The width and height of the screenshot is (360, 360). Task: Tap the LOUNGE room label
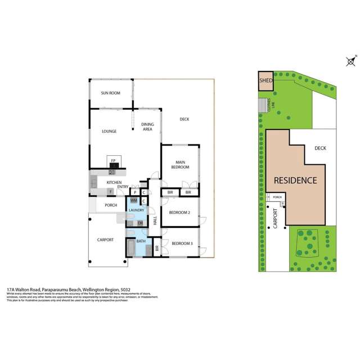click(109, 132)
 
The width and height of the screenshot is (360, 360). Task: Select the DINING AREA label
click(147, 127)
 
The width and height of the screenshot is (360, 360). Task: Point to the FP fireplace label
click(113, 161)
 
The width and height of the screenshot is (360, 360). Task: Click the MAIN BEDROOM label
click(181, 165)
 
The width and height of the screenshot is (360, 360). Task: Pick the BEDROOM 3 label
click(182, 243)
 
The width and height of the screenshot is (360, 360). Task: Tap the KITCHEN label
click(115, 183)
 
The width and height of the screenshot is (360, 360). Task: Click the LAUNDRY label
click(137, 210)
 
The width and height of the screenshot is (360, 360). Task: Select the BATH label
click(141, 241)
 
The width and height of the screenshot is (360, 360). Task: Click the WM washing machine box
click(134, 200)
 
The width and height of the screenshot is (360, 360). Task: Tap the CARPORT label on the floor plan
click(105, 240)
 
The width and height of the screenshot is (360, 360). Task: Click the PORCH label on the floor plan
click(111, 205)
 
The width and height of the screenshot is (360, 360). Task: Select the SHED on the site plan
click(265, 80)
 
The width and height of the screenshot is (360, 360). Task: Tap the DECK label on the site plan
click(320, 148)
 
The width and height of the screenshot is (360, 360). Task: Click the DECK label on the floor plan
click(184, 119)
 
